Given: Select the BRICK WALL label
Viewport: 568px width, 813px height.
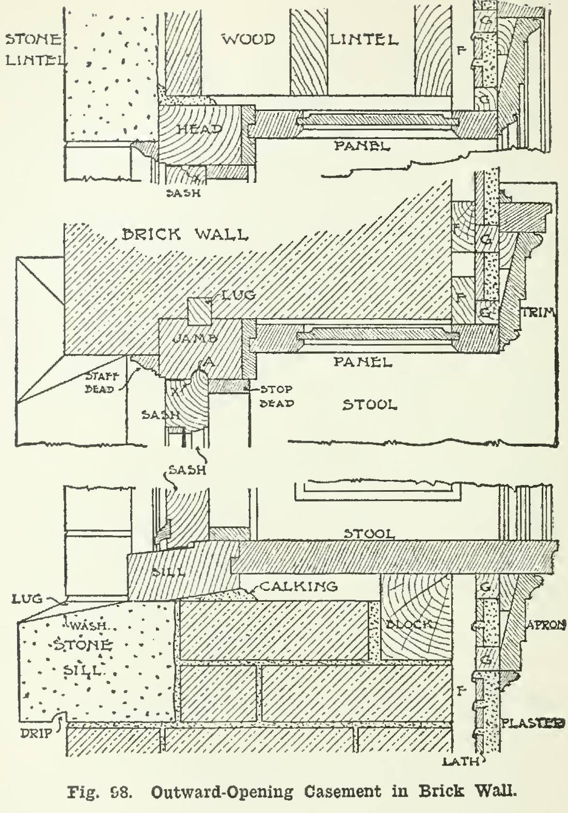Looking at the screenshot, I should pos(184,234).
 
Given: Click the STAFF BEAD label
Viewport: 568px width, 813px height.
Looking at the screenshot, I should pos(102,383).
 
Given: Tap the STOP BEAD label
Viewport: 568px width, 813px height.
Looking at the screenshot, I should pos(276,396).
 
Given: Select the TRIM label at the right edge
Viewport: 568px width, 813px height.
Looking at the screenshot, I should pos(540,312).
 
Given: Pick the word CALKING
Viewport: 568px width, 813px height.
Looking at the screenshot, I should pos(297,586).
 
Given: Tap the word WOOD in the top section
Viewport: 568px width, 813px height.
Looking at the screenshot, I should pos(248,39).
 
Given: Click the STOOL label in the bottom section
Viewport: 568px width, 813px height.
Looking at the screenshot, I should pos(369,533).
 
